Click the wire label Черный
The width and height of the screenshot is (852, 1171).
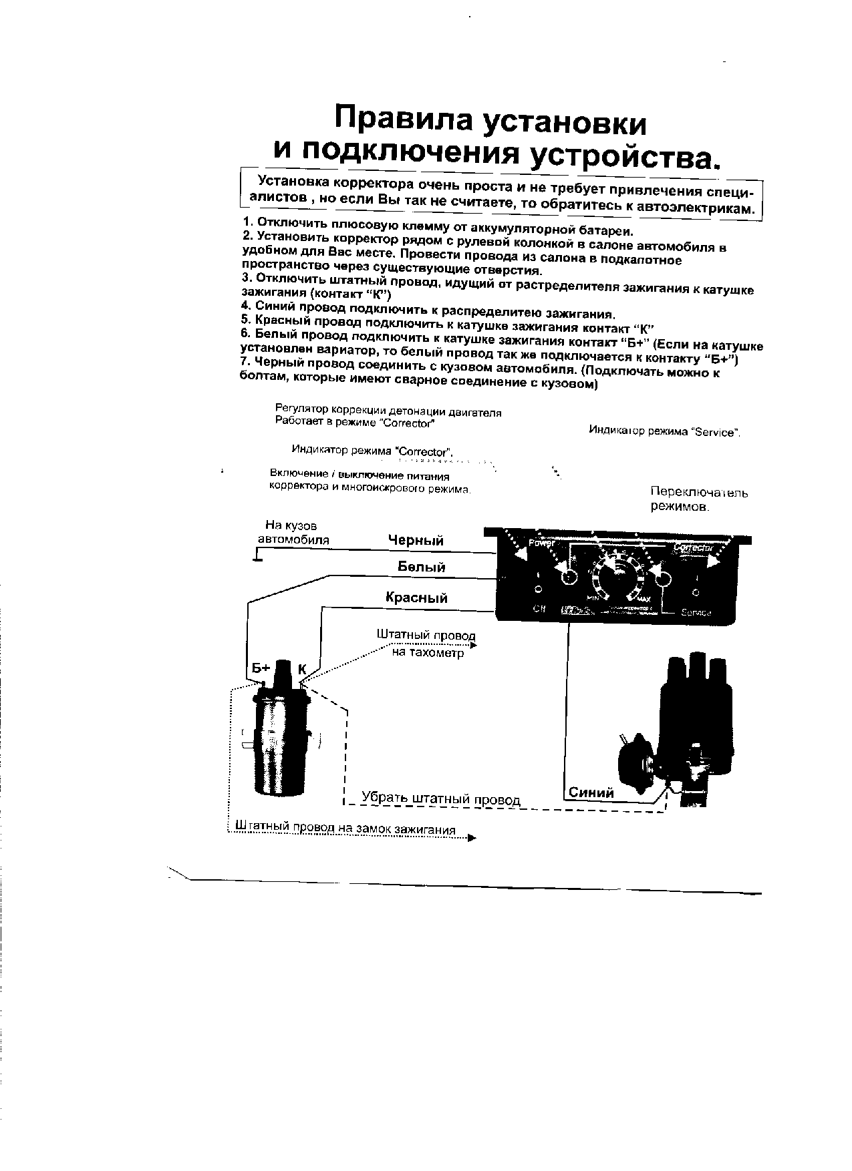[x=416, y=539]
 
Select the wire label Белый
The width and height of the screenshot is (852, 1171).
[x=421, y=567]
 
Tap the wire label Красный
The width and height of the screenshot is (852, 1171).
[x=416, y=598]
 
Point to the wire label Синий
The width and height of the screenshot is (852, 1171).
[x=591, y=792]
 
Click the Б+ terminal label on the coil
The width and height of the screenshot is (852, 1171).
[x=260, y=668]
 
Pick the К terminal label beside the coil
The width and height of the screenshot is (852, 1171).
[x=301, y=669]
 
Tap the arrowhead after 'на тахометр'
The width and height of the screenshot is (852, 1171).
[x=472, y=646]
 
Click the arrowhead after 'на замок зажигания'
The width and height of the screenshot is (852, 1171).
[x=472, y=838]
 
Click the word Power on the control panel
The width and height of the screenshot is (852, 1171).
[x=542, y=543]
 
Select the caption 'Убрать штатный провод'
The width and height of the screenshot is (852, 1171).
[x=440, y=798]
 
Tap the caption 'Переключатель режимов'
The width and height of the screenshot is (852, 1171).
[x=699, y=499]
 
